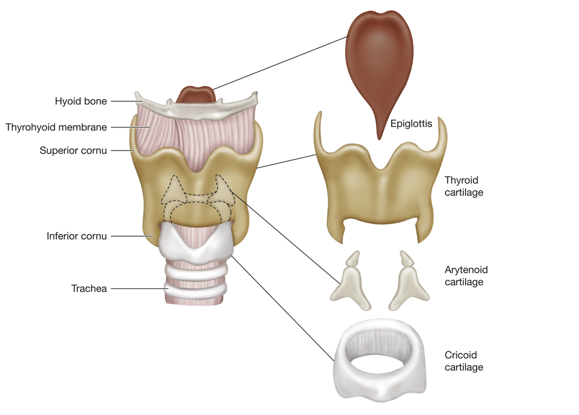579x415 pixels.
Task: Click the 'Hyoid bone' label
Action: (81, 101)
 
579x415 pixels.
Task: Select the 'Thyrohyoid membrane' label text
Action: (56, 127)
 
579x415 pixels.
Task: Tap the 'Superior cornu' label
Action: (73, 150)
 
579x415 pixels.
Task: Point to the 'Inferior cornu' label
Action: (77, 236)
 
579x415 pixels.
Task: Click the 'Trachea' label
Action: (89, 288)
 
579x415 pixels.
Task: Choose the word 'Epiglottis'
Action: (411, 124)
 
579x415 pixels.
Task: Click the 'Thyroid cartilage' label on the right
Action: (461, 186)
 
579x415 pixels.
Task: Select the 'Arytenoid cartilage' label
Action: (466, 275)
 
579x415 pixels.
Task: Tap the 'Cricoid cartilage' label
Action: (464, 361)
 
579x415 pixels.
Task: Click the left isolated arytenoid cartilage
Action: (350, 282)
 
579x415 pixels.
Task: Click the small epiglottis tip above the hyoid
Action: (195, 95)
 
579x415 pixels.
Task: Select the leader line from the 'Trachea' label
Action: (136, 288)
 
